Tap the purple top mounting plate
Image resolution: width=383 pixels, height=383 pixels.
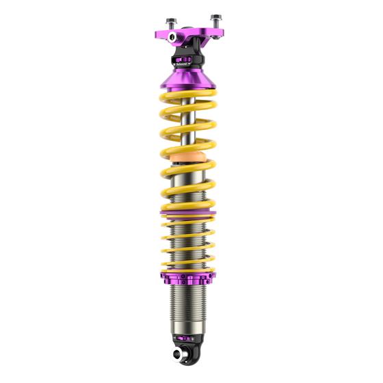click(x=205, y=31)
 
